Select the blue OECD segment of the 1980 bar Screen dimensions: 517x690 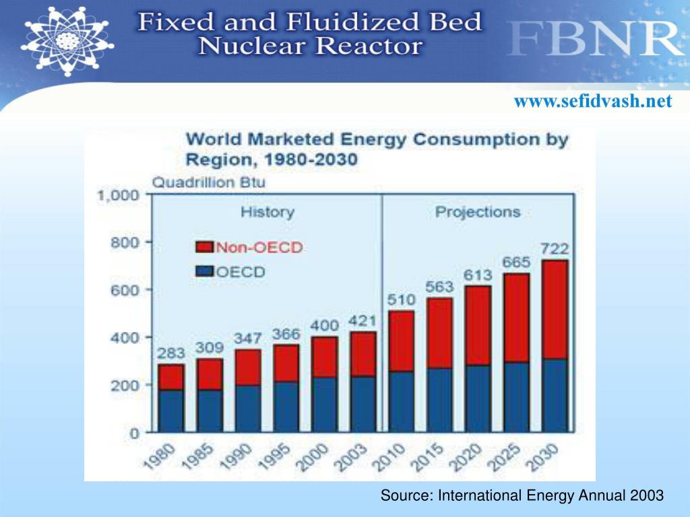pos(170,410)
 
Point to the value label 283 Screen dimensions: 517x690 pos(170,353)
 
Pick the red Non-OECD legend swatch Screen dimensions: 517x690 pos(204,247)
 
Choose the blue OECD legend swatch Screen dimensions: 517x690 pos(204,272)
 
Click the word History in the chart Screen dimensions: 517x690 pos(268,212)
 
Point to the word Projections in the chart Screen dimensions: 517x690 pos(478,212)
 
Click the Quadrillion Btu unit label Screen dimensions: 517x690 pos(208,182)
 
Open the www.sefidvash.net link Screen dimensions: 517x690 pos(593,102)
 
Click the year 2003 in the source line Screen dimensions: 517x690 pos(648,495)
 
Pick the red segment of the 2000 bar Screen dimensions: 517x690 pos(324,357)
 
